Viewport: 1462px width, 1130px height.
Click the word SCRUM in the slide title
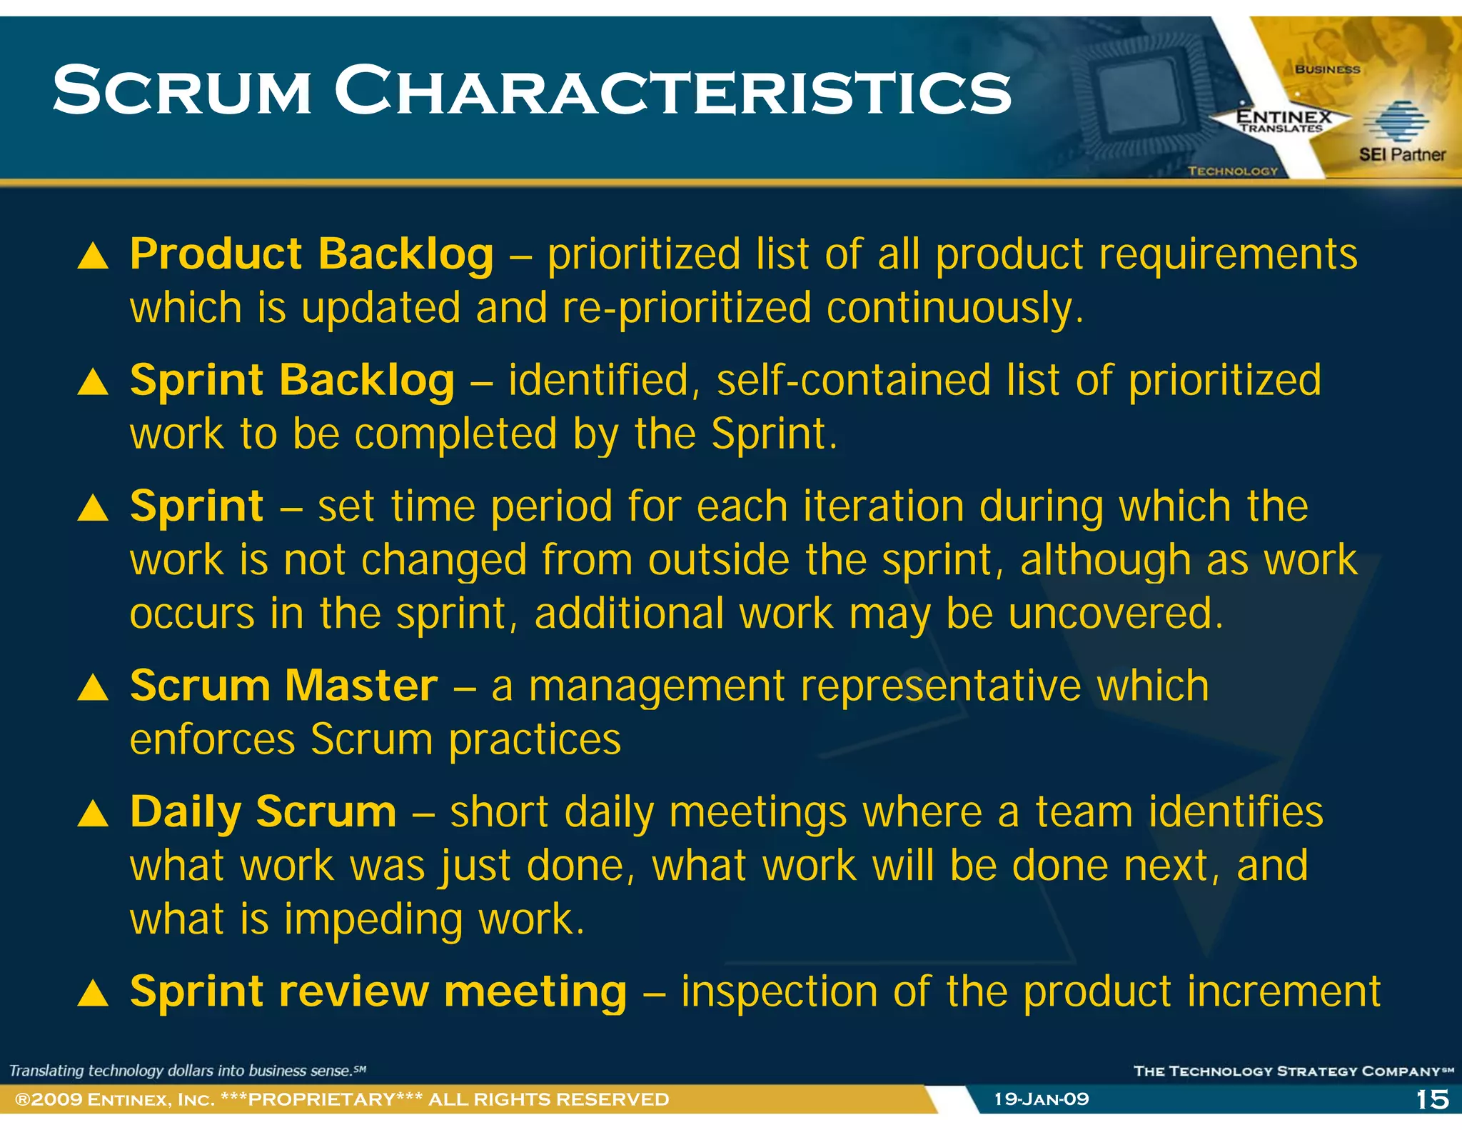[x=182, y=91]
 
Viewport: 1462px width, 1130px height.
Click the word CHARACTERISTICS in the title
[x=672, y=91]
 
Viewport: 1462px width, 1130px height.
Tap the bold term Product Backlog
[x=311, y=254]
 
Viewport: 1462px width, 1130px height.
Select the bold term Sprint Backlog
[x=292, y=380]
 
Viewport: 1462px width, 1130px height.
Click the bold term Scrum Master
[x=283, y=686]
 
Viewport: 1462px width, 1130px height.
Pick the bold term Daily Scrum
[x=263, y=812]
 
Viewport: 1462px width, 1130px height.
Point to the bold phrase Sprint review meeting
[x=378, y=991]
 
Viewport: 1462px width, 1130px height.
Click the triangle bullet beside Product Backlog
[x=93, y=256]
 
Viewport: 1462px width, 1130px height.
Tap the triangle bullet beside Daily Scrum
[x=93, y=814]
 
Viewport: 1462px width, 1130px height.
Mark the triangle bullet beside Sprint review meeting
[x=93, y=994]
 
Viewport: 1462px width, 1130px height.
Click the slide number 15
[x=1431, y=1099]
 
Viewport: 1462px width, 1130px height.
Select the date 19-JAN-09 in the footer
[x=1042, y=1099]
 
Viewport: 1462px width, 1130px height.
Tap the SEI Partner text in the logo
[x=1401, y=154]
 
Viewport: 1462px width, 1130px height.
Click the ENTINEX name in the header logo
[x=1283, y=116]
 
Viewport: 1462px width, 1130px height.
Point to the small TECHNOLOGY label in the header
[x=1232, y=171]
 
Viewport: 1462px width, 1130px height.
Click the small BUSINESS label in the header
[x=1327, y=69]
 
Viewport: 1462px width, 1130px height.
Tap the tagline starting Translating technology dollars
[x=187, y=1070]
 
